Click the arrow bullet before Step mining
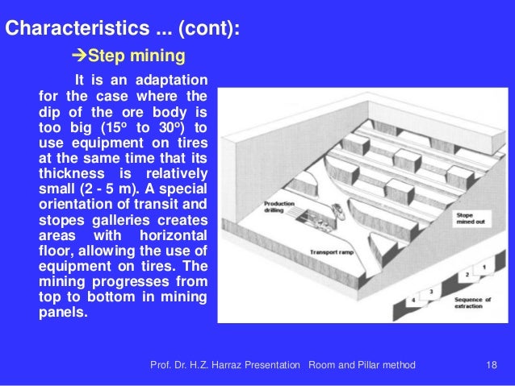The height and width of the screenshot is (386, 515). pos(79,56)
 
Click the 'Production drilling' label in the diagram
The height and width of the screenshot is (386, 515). pos(279,207)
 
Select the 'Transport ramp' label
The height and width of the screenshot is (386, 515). pos(331,252)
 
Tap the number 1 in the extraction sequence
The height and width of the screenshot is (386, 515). pos(483,266)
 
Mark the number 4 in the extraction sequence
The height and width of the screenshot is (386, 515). pos(413,300)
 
